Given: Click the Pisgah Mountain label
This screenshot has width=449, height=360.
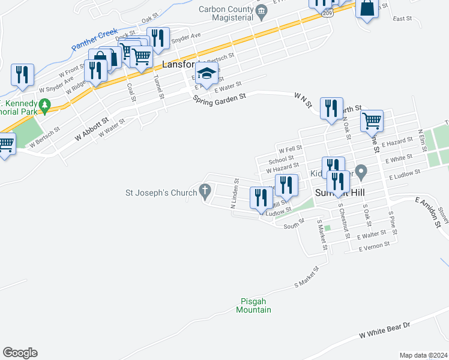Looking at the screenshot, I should coord(253,305).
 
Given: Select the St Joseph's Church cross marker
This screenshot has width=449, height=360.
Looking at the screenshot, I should coord(205,193).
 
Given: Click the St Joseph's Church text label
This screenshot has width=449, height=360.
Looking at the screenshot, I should coord(160,193).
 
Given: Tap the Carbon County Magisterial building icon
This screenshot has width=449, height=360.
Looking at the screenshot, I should coord(261,11).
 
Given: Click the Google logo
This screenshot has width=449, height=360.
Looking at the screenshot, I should coord(20,353).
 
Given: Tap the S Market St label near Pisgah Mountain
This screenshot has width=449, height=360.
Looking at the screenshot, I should coord(305,279).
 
